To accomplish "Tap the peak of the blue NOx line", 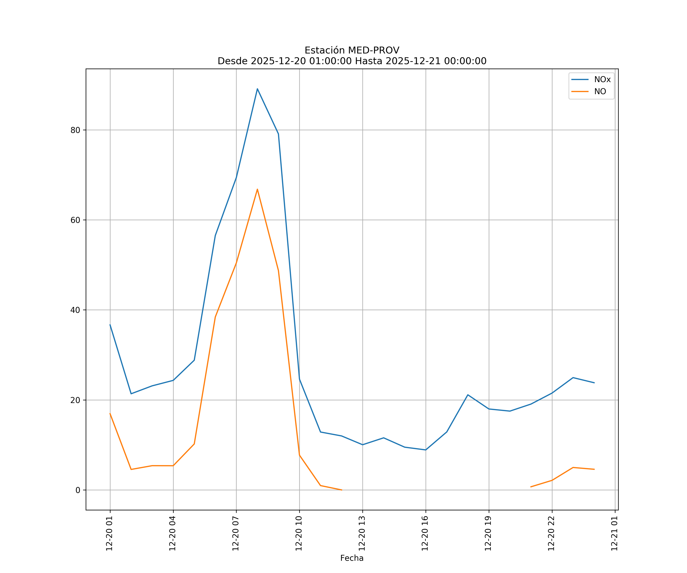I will [x=257, y=89].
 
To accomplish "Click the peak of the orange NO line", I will [x=257, y=189].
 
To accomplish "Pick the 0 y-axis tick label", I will [x=78, y=490].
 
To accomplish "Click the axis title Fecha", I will [x=352, y=558].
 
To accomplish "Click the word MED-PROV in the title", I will [x=374, y=50].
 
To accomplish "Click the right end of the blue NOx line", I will [x=594, y=383].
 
